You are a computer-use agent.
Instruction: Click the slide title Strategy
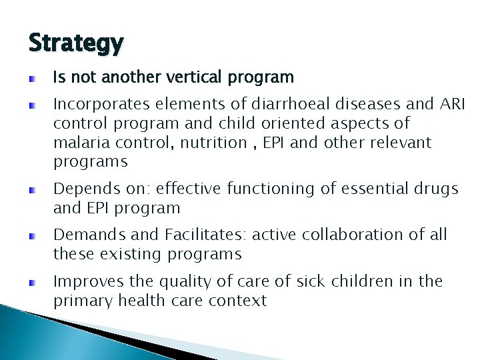click(x=76, y=43)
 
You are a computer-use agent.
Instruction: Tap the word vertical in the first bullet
click(x=194, y=78)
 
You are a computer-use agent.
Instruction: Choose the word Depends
click(x=82, y=189)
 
